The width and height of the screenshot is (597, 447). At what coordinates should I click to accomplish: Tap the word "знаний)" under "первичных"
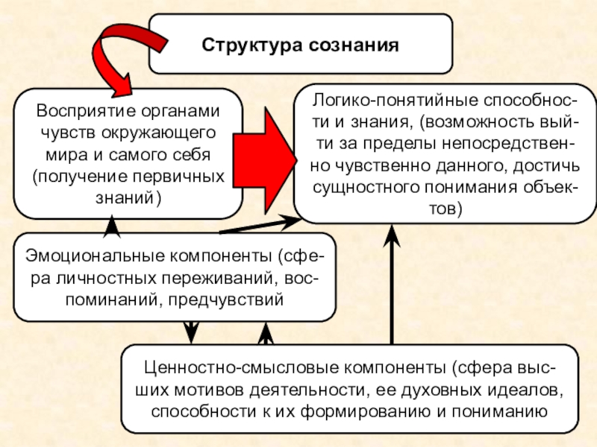[x=128, y=199]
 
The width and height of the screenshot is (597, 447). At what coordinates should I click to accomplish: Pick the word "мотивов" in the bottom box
[x=221, y=389]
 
